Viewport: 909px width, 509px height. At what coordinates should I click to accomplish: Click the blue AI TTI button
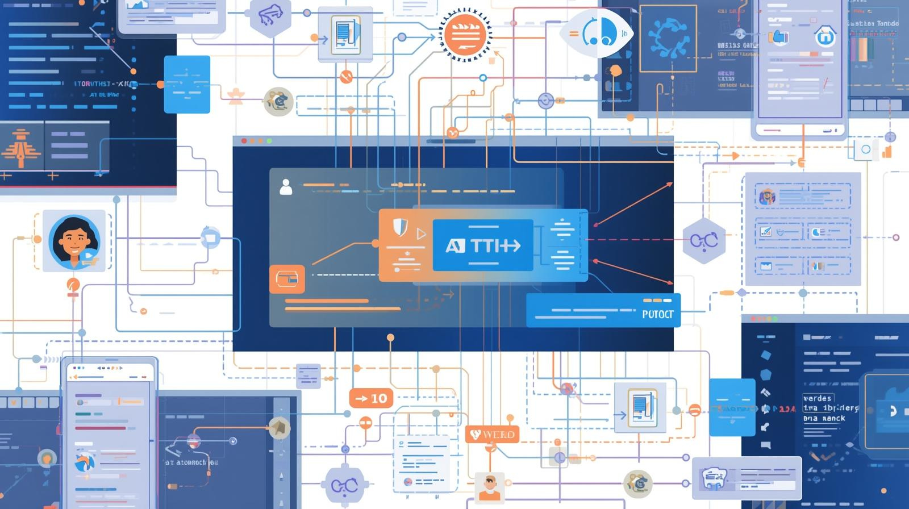pyautogui.click(x=483, y=245)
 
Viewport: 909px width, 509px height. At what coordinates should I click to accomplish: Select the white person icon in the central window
pyautogui.click(x=286, y=186)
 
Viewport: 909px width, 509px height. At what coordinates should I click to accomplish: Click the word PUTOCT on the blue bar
pyautogui.click(x=657, y=314)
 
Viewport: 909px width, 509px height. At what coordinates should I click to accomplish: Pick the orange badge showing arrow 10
pyautogui.click(x=370, y=399)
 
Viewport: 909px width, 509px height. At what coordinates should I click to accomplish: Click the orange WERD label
pyautogui.click(x=492, y=435)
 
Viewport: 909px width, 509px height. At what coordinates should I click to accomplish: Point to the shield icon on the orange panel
pyautogui.click(x=400, y=227)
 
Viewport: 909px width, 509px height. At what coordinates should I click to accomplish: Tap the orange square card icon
pyautogui.click(x=287, y=279)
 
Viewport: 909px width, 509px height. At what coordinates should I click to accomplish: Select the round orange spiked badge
pyautogui.click(x=465, y=35)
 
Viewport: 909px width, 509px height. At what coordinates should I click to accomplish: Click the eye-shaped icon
pyautogui.click(x=597, y=32)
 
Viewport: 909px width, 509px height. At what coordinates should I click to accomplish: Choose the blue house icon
pyautogui.click(x=825, y=36)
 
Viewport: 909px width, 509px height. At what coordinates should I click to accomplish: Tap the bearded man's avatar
pyautogui.click(x=489, y=487)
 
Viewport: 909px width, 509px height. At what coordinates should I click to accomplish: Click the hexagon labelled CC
pyautogui.click(x=704, y=241)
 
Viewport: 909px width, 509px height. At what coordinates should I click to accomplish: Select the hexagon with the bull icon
pyautogui.click(x=270, y=16)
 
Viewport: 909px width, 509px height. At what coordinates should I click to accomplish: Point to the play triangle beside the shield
pyautogui.click(x=421, y=233)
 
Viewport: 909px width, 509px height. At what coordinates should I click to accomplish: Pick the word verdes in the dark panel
pyautogui.click(x=818, y=398)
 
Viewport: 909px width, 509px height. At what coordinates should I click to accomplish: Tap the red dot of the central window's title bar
pyautogui.click(x=244, y=141)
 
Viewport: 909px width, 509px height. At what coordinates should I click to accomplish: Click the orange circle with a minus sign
pyautogui.click(x=365, y=423)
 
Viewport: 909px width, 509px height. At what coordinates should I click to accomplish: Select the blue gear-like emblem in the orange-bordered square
pyautogui.click(x=668, y=39)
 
